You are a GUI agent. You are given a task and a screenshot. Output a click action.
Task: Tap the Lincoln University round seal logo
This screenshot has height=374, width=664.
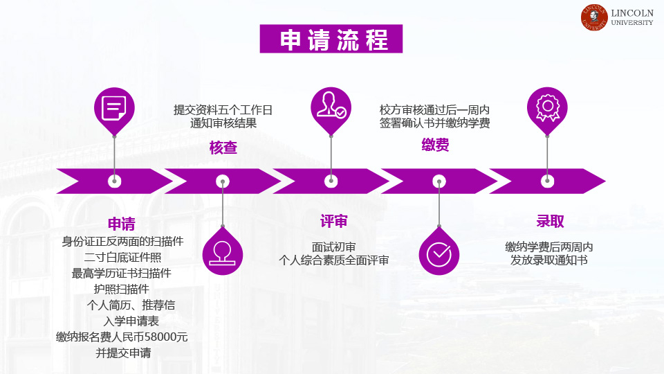click(x=594, y=17)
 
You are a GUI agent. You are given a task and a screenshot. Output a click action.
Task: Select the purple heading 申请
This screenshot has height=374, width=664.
click(x=122, y=224)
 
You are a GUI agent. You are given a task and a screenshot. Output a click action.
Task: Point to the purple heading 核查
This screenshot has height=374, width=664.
click(x=223, y=148)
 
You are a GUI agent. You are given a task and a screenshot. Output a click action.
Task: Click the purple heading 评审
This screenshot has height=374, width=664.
click(x=333, y=221)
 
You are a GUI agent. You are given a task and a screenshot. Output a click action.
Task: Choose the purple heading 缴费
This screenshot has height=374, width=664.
click(x=435, y=145)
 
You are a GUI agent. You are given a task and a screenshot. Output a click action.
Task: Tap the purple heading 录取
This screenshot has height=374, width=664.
click(x=550, y=221)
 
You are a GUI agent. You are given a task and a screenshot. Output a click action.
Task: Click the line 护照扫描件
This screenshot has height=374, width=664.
click(x=122, y=290)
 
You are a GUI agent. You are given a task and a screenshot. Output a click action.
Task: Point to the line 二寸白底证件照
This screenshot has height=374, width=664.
click(x=122, y=258)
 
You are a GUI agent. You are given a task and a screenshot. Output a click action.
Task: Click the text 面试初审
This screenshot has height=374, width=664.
click(x=333, y=247)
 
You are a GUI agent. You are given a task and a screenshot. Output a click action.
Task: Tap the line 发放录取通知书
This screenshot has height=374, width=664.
click(x=548, y=260)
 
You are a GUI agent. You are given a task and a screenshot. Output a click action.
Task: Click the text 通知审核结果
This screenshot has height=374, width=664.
click(x=223, y=123)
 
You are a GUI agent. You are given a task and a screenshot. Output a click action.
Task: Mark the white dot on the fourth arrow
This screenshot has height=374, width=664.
click(x=439, y=181)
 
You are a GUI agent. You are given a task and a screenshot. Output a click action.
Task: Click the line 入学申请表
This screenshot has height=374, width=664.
click(x=131, y=321)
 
